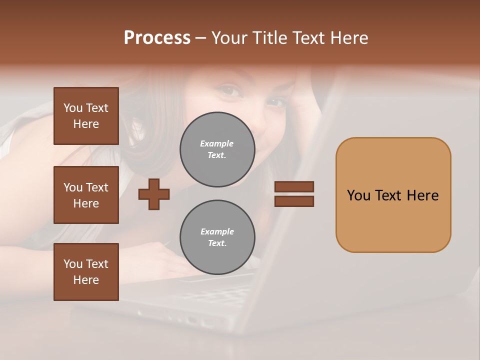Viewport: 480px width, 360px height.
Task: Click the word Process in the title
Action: pyautogui.click(x=157, y=38)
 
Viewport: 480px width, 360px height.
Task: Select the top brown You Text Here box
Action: pyautogui.click(x=86, y=116)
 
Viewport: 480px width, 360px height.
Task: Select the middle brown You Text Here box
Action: pyautogui.click(x=86, y=195)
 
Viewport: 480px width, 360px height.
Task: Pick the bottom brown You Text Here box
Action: pyautogui.click(x=86, y=272)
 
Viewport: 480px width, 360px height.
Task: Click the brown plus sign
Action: pyautogui.click(x=154, y=194)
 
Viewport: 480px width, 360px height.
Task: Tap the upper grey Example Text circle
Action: pyautogui.click(x=217, y=149)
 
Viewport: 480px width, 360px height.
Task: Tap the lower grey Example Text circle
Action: pyautogui.click(x=217, y=237)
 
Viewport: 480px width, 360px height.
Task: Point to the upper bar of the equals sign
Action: pyautogui.click(x=294, y=186)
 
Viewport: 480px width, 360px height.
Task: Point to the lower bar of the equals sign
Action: pyautogui.click(x=294, y=201)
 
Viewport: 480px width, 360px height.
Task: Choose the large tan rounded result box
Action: pyautogui.click(x=393, y=195)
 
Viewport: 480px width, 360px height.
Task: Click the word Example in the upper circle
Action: pyautogui.click(x=217, y=143)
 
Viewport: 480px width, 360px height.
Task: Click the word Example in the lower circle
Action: pyautogui.click(x=217, y=231)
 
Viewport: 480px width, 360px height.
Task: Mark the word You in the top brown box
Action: pyautogui.click(x=73, y=108)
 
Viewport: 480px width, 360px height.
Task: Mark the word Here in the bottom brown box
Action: pyautogui.click(x=86, y=280)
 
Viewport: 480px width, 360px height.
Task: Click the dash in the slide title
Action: pyautogui.click(x=201, y=38)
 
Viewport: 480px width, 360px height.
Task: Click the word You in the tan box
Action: pyautogui.click(x=358, y=195)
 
